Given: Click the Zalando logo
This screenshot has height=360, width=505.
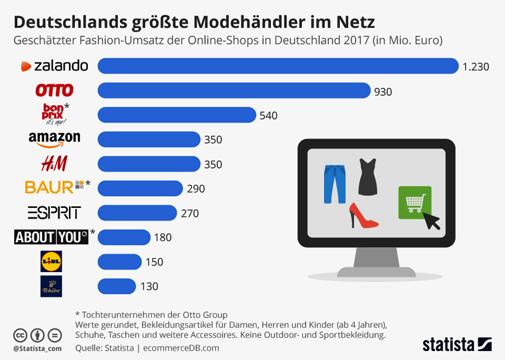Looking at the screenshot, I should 55,66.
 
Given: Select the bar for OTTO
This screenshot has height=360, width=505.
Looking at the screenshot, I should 234,90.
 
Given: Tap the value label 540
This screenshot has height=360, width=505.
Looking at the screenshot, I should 269,115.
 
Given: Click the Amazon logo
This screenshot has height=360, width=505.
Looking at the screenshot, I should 54,138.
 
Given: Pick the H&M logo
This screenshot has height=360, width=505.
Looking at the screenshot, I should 53,163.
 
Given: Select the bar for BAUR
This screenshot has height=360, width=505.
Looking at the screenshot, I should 140,188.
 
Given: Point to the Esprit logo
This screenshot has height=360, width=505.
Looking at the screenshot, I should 54,212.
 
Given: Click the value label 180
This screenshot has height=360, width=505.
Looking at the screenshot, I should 162,238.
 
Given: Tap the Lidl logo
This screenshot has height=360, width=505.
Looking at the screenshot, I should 50,261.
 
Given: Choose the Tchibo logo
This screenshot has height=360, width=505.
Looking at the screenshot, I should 50,286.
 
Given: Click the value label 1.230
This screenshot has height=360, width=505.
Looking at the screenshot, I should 475,67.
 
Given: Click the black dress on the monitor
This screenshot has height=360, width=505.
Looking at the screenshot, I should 367,177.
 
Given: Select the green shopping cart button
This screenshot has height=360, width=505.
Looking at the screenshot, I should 415,202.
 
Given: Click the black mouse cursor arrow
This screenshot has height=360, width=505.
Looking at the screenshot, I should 432,220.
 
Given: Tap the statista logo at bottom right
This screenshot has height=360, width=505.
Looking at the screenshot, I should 457,343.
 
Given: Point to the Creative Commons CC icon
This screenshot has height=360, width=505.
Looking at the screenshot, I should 20,334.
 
